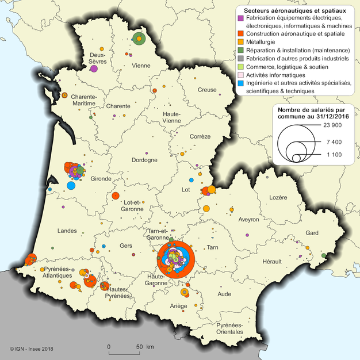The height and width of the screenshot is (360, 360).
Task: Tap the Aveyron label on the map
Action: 249,219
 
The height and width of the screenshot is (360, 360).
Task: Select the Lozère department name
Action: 278,197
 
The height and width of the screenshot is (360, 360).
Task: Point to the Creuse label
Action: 207,90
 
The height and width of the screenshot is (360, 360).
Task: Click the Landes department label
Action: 68,231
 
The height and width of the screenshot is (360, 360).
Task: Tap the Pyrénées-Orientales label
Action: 230,329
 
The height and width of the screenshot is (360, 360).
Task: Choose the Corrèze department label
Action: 200,136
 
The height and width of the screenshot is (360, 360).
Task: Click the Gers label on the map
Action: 126,245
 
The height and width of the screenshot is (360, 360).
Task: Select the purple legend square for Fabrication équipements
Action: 240,19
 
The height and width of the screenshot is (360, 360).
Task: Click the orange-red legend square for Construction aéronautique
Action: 240,34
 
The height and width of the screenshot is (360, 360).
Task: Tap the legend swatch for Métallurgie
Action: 240,42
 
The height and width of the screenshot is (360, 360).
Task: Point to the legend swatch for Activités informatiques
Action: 240,75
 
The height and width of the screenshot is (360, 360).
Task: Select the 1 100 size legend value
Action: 331,155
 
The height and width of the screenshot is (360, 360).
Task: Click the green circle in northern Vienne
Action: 139,39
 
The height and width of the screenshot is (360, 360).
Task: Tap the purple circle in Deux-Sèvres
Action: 94,69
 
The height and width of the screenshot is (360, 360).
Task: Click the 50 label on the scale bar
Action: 139,347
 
